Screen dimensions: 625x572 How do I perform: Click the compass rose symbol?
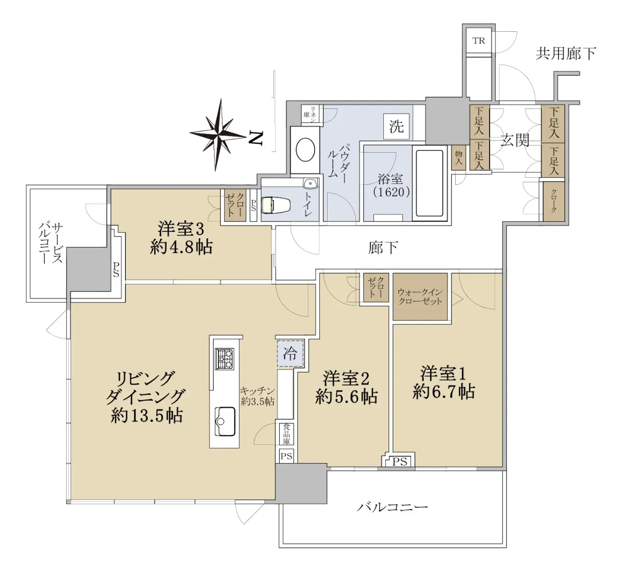(x=219, y=135)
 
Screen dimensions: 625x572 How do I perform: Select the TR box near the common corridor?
(x=479, y=41)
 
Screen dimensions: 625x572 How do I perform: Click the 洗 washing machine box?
(x=396, y=126)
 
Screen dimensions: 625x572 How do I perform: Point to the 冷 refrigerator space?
(x=290, y=354)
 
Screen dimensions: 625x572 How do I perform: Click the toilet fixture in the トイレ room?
(x=276, y=205)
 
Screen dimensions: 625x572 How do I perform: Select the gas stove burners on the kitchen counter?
(x=224, y=359)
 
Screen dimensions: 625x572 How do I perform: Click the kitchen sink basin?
(x=225, y=421)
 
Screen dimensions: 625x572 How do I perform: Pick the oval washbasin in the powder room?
(x=305, y=150)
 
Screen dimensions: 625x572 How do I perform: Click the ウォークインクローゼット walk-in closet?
(x=420, y=296)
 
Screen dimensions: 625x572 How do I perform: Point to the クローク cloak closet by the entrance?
(x=554, y=202)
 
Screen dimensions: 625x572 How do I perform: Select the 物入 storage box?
(x=459, y=158)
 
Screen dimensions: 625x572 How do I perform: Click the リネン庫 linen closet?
(x=312, y=115)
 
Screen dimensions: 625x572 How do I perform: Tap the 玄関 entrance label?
(x=515, y=140)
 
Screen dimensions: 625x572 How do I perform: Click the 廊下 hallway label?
(x=383, y=248)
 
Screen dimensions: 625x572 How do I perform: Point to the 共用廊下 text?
(x=566, y=54)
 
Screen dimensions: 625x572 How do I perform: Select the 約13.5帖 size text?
(x=147, y=416)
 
